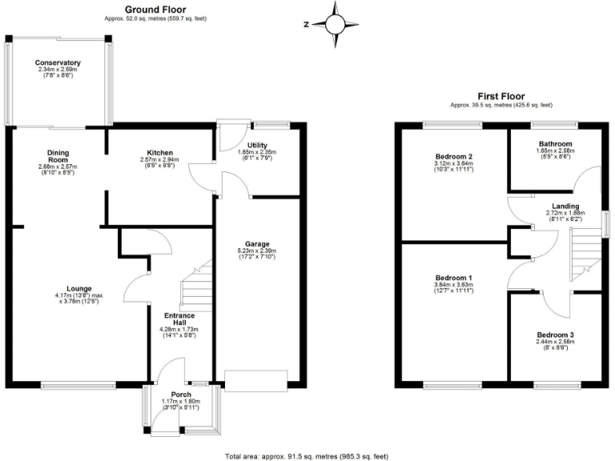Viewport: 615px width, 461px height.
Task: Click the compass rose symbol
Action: (336, 23)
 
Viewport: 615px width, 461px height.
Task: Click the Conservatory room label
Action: (58, 62)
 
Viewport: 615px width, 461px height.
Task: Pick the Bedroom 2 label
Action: (453, 156)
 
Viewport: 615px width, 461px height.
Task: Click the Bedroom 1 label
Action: (453, 278)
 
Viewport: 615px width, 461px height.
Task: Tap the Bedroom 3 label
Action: (554, 335)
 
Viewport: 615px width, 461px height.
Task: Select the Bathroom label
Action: (554, 144)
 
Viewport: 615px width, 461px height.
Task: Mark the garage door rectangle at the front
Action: (255, 380)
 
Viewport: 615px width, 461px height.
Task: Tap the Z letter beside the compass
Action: (307, 25)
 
